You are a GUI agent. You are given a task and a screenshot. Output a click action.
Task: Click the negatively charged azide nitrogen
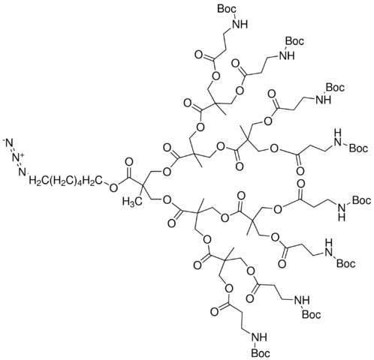click(8, 143)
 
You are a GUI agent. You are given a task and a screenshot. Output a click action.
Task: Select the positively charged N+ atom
click(18, 157)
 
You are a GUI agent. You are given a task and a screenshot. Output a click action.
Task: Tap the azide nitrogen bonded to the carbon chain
click(23, 172)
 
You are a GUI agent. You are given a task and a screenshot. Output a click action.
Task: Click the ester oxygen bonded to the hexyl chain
click(114, 187)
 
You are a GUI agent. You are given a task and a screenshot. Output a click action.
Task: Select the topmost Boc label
click(227, 9)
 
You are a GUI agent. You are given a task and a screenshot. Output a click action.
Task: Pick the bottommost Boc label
click(261, 353)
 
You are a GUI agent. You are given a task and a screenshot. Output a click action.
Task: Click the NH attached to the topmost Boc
click(240, 25)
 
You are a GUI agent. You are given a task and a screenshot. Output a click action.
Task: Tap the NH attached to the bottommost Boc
click(260, 338)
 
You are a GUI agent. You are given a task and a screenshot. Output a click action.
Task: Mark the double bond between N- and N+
click(13, 151)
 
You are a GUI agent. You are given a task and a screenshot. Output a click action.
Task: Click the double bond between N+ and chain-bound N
click(20, 164)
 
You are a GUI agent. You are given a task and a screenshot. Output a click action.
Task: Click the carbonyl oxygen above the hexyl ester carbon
click(129, 162)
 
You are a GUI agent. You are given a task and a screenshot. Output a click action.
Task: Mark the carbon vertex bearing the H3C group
click(141, 184)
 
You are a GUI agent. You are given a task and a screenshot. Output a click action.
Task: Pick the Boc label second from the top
click(294, 40)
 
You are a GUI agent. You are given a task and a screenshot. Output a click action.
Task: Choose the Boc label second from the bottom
click(311, 315)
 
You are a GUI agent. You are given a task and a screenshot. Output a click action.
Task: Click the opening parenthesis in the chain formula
click(51, 181)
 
